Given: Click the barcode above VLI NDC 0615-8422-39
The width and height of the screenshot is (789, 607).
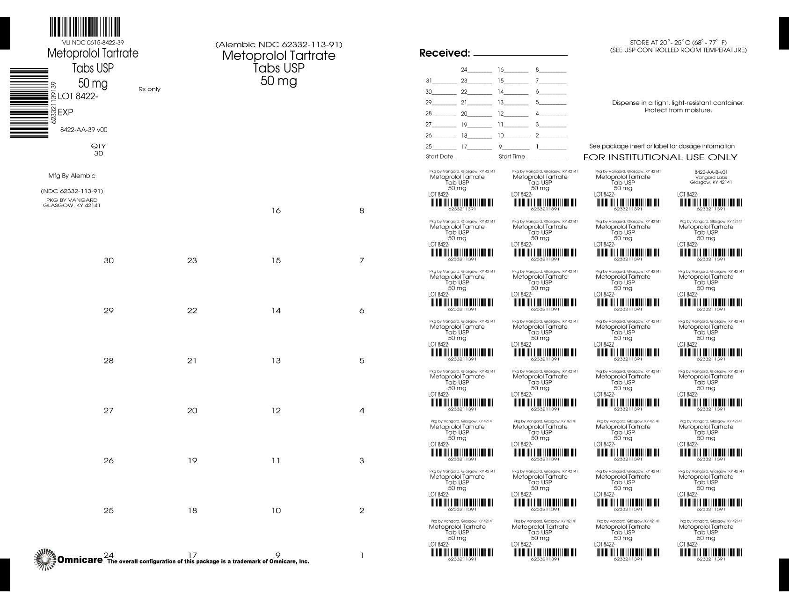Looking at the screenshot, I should [85, 28].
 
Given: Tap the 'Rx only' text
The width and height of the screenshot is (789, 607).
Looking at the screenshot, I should [149, 89].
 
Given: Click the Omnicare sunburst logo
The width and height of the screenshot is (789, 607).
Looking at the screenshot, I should [44, 559].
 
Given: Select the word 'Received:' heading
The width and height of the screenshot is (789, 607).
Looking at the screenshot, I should [444, 53].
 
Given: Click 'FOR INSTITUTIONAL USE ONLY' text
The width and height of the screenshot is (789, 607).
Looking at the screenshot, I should [660, 157].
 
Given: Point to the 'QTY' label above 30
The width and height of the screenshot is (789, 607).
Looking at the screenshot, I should [98, 146].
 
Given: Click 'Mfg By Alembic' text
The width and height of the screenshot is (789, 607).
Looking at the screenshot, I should [72, 176].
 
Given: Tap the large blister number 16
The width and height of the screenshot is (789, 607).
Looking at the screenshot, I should [276, 211].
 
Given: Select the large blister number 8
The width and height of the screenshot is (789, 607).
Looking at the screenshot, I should [361, 211].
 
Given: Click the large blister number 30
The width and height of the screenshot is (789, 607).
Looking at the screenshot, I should [109, 261].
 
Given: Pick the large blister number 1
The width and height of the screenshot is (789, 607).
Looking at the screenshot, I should [361, 556].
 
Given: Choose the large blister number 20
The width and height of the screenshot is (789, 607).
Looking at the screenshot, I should [192, 411].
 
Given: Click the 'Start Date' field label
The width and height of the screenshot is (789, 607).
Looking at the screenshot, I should [439, 156].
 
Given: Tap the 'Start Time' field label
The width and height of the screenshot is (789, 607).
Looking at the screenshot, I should [512, 156].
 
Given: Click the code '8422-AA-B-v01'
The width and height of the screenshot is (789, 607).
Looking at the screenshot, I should [711, 172].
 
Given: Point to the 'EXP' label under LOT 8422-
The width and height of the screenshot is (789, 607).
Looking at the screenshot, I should [65, 112].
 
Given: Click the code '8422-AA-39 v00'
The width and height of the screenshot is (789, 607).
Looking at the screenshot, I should [84, 130].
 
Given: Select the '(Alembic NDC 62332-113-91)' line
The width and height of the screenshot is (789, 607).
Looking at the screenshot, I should [279, 45].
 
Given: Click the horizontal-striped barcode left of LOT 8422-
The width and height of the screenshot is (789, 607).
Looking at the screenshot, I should [29, 103].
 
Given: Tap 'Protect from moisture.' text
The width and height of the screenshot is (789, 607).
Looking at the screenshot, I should [678, 111].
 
